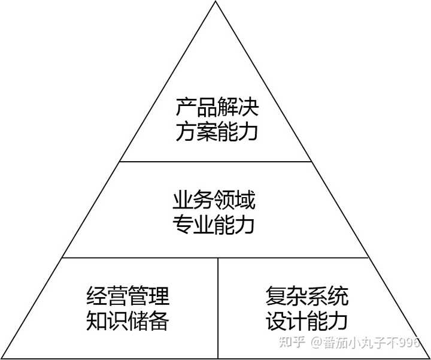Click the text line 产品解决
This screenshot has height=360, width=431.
click(217, 108)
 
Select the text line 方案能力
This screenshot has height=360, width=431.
click(217, 131)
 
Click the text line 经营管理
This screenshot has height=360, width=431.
click(128, 296)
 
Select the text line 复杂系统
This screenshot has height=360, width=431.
click(306, 296)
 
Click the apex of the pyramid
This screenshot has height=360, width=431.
click(216, 2)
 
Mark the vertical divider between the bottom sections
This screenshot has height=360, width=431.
click(218, 305)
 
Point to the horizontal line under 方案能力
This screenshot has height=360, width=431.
click(216, 162)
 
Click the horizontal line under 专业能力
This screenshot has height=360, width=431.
click(216, 258)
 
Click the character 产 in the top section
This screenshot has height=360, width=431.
click(186, 108)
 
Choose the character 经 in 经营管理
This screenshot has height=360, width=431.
click(96, 296)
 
